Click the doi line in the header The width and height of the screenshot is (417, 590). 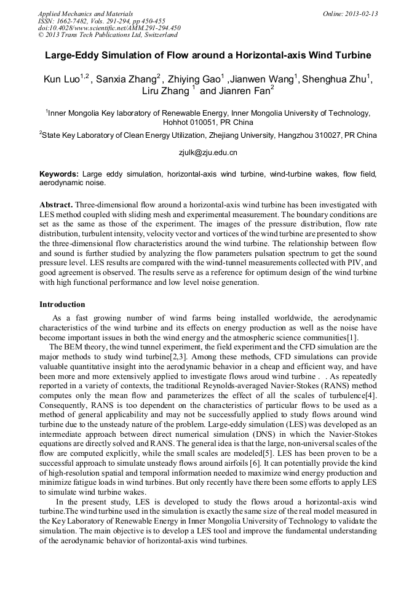[x=109, y=28]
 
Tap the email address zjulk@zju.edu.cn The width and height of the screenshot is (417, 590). [x=208, y=152]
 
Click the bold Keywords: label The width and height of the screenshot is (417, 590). [x=59, y=175]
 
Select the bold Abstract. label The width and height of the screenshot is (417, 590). [x=56, y=204]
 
